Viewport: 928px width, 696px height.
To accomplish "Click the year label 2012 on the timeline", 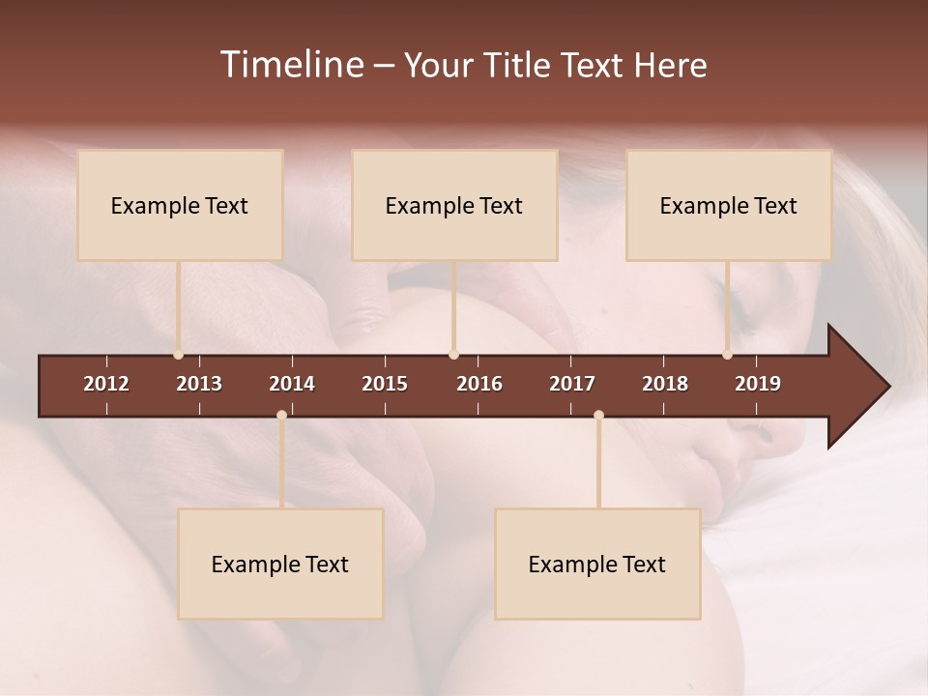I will [106, 384].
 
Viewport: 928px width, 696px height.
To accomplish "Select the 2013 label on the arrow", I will [199, 384].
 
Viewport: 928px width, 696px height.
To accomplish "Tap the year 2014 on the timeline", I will [292, 384].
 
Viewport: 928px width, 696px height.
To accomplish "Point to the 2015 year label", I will [385, 384].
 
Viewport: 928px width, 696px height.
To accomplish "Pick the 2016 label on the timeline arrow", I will [479, 384].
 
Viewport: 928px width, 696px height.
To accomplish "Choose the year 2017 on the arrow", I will [572, 384].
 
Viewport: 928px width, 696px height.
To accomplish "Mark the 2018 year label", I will [665, 384].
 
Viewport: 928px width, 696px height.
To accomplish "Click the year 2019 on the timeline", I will [758, 384].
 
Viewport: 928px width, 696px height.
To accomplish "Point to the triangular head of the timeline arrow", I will [856, 387].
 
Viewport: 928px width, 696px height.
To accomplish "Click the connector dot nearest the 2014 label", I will [281, 415].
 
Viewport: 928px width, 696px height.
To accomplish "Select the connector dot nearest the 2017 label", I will [598, 415].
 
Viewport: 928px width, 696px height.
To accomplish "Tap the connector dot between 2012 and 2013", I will [179, 355].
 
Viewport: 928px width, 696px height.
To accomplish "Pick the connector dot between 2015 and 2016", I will [453, 355].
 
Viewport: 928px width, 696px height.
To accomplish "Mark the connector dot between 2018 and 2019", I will [727, 355].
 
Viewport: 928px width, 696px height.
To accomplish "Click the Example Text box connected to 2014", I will [280, 564].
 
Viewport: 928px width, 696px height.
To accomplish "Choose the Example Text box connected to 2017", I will [597, 564].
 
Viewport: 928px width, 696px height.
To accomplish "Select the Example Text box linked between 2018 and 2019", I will [729, 205].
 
